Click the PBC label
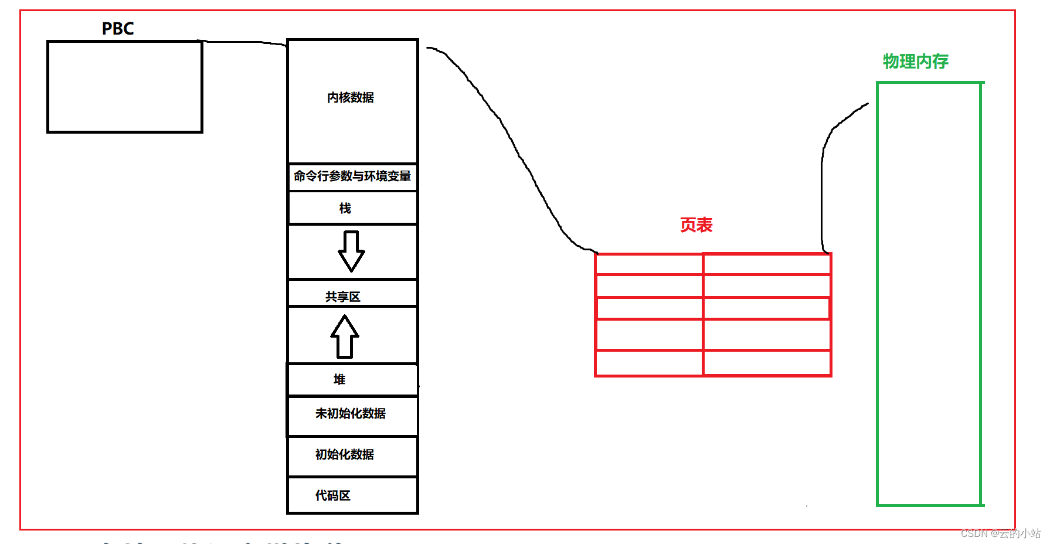(x=118, y=29)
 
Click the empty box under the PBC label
(x=125, y=87)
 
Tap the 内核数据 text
(x=351, y=97)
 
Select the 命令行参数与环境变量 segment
(x=352, y=176)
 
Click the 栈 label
(x=345, y=208)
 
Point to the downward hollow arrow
(x=351, y=251)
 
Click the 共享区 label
(x=343, y=297)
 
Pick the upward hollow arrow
(x=345, y=336)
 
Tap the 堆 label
(x=339, y=379)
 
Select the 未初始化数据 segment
(x=351, y=413)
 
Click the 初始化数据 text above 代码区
(x=345, y=454)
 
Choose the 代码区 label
(x=333, y=495)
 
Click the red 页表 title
(x=696, y=225)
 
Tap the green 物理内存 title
(x=915, y=61)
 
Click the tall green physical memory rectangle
(x=929, y=293)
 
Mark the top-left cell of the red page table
(x=649, y=264)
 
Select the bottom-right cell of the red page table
(x=767, y=363)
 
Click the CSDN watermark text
(x=1000, y=533)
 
